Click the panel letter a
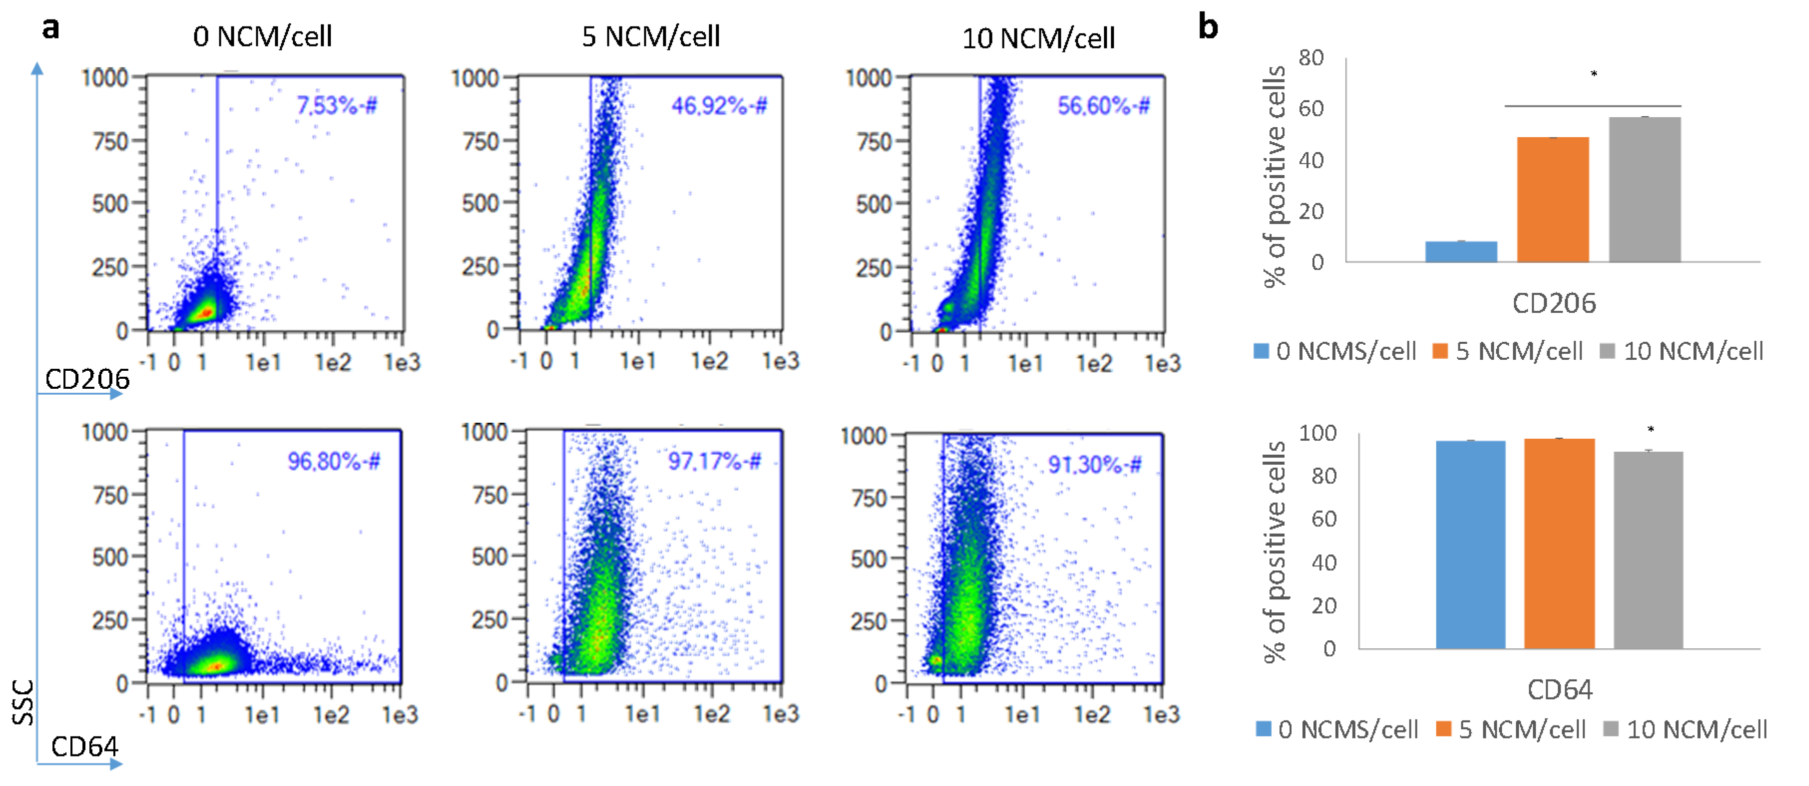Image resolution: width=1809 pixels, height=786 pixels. tap(50, 28)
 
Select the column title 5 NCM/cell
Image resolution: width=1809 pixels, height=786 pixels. tap(650, 36)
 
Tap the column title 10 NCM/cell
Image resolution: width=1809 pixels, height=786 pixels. tap(1038, 38)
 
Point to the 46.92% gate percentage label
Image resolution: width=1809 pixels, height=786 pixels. tap(718, 106)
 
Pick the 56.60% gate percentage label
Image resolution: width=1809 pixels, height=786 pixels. tap(1103, 106)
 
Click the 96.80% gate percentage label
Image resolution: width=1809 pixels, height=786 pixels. tap(334, 462)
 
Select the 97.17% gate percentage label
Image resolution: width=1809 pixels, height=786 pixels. tap(714, 462)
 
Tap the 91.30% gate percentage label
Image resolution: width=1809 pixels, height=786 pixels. tap(1094, 464)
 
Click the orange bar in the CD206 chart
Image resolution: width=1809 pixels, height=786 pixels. tap(1553, 200)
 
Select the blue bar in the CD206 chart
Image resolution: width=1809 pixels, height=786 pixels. tap(1461, 252)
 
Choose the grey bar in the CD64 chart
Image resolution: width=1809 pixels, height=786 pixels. tap(1647, 550)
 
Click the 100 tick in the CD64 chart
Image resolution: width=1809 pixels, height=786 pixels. tap(1317, 433)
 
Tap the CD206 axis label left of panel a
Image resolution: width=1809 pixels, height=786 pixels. tap(87, 379)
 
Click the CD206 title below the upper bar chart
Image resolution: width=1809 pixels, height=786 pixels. tap(1553, 303)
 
